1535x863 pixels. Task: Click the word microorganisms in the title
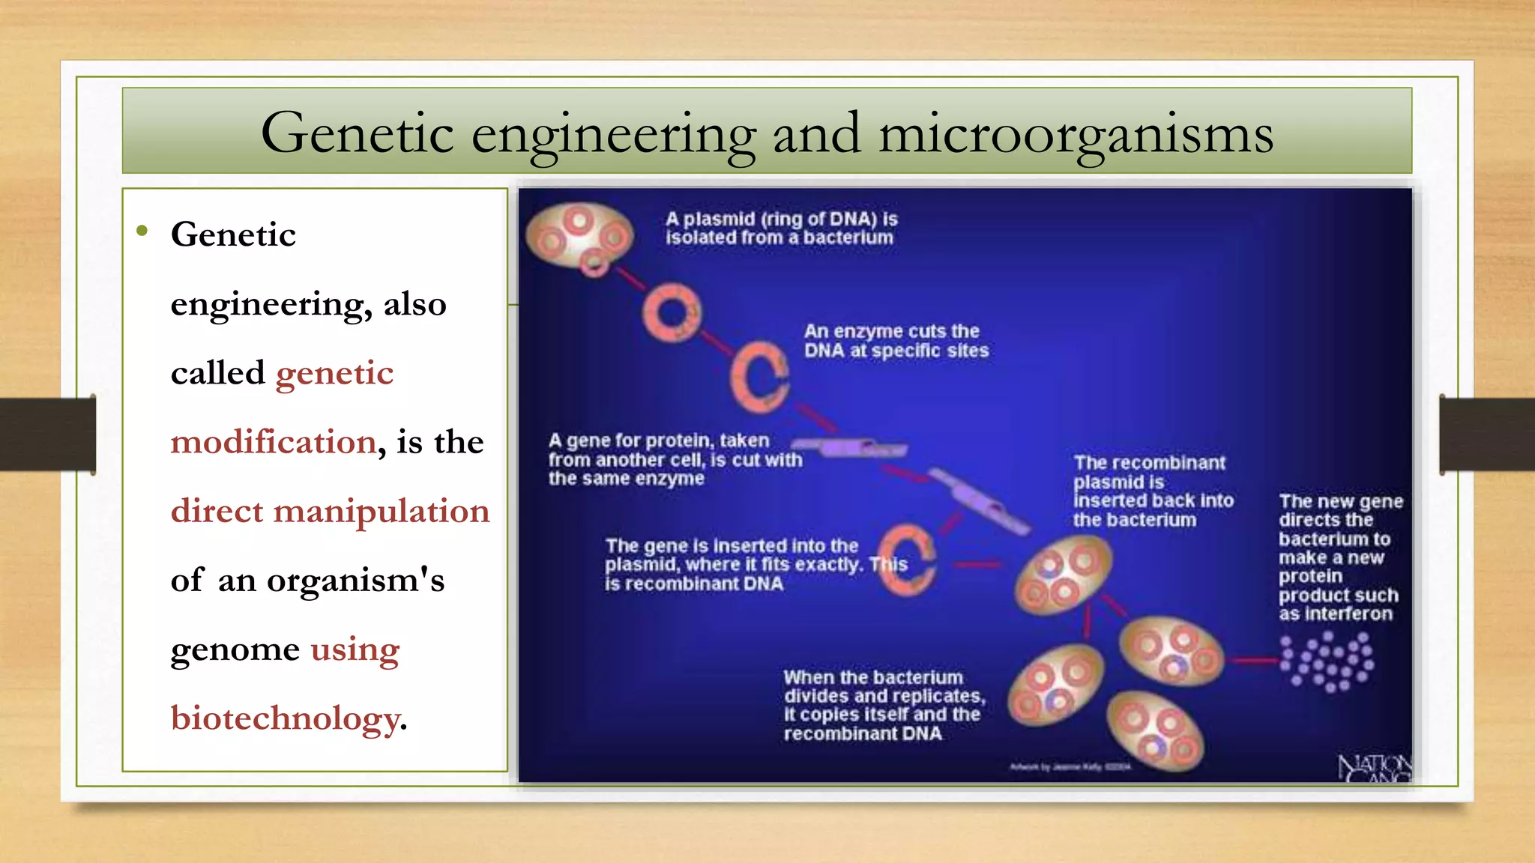point(1076,135)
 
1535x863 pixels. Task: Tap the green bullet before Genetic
point(142,231)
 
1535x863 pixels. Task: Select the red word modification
point(274,442)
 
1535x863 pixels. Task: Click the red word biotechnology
point(285,718)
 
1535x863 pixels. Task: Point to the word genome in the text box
point(235,649)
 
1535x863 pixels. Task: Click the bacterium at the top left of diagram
point(579,236)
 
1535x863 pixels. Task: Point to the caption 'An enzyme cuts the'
point(891,331)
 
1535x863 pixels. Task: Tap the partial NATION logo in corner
point(1375,769)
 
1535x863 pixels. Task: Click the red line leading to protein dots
point(1255,661)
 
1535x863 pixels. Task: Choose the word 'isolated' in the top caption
point(702,238)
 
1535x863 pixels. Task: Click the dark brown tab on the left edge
point(47,434)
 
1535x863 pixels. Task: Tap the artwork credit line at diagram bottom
point(1070,767)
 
